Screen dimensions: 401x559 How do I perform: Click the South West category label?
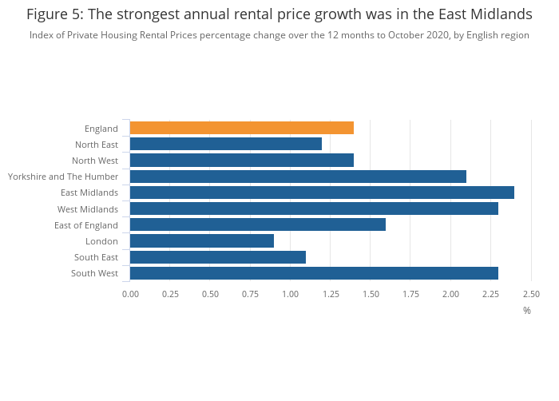96,273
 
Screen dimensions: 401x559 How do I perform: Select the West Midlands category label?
88,209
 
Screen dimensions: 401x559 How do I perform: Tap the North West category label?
95,161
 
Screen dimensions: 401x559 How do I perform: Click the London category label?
101,241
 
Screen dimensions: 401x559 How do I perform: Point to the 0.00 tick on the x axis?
130,294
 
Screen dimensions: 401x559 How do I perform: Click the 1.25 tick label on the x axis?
331,294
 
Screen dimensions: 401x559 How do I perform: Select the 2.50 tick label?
531,294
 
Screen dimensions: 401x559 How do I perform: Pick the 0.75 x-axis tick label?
250,294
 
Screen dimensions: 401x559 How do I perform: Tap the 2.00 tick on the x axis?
450,294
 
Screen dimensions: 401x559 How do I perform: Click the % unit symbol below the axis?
527,310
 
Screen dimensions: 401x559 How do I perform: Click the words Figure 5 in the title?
55,14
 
